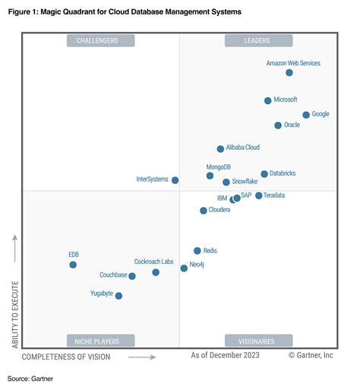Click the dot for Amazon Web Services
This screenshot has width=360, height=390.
(x=289, y=72)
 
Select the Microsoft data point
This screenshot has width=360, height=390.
(x=267, y=100)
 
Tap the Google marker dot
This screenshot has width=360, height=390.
(x=306, y=115)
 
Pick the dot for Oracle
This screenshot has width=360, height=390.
(x=278, y=125)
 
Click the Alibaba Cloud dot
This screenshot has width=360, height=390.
(x=220, y=149)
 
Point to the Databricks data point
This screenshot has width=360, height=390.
(x=264, y=174)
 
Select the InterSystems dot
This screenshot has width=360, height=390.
(x=175, y=180)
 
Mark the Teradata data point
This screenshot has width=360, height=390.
(x=258, y=195)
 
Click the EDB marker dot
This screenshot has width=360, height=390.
(x=73, y=265)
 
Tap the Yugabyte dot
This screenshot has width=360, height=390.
(x=118, y=296)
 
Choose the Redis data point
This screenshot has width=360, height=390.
(x=197, y=250)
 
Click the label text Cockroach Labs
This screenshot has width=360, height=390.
(x=153, y=262)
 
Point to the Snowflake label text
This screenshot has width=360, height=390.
(x=245, y=182)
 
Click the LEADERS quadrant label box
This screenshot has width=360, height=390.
(x=258, y=40)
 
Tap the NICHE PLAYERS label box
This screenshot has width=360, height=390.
(x=100, y=340)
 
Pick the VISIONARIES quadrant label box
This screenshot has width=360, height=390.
(x=258, y=340)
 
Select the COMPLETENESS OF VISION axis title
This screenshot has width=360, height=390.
(x=66, y=356)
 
